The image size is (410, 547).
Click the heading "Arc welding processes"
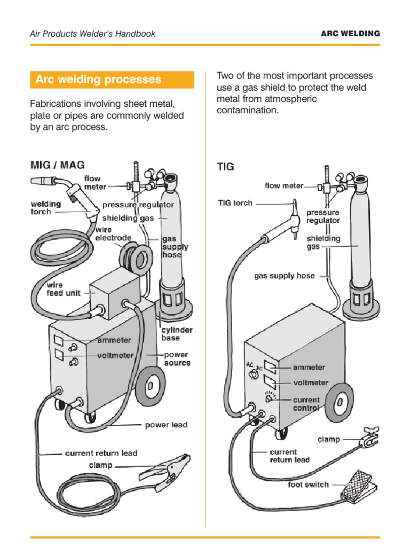tap(98, 80)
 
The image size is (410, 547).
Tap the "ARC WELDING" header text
tap(350, 33)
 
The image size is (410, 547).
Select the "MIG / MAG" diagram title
tap(57, 165)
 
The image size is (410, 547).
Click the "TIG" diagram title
tap(225, 167)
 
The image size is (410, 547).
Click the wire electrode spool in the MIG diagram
tap(136, 259)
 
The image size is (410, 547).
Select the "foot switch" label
tap(308, 485)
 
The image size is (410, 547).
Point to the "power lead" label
tap(166, 425)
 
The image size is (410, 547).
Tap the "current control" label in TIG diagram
tap(306, 404)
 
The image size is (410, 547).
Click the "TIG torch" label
tap(235, 203)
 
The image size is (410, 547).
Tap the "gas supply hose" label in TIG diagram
tap(284, 276)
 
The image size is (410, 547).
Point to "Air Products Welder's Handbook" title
tap(92, 34)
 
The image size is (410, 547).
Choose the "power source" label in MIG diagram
tap(177, 358)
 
